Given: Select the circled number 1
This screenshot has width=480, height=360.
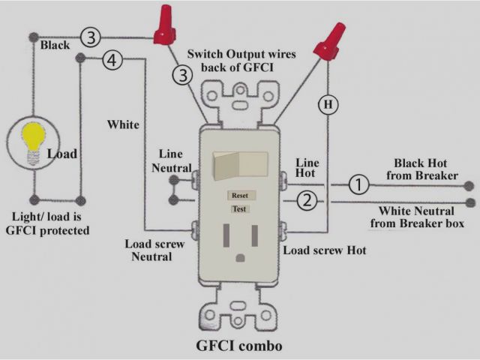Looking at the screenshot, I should (359, 183).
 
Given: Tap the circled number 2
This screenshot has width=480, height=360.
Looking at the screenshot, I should (305, 200).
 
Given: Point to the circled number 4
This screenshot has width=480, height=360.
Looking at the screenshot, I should (112, 62).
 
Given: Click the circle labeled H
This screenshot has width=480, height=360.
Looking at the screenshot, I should (328, 105).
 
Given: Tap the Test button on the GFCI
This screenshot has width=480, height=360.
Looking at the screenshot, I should (240, 208).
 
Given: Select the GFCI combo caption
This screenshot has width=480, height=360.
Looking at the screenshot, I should (239, 346).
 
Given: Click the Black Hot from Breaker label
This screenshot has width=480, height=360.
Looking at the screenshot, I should (426, 169).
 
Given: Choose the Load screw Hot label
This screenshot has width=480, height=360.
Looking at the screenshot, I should (325, 250).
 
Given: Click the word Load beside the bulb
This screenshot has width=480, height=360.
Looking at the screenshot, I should (61, 154).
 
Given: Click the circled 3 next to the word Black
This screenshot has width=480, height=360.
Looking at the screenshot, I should (91, 37).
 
